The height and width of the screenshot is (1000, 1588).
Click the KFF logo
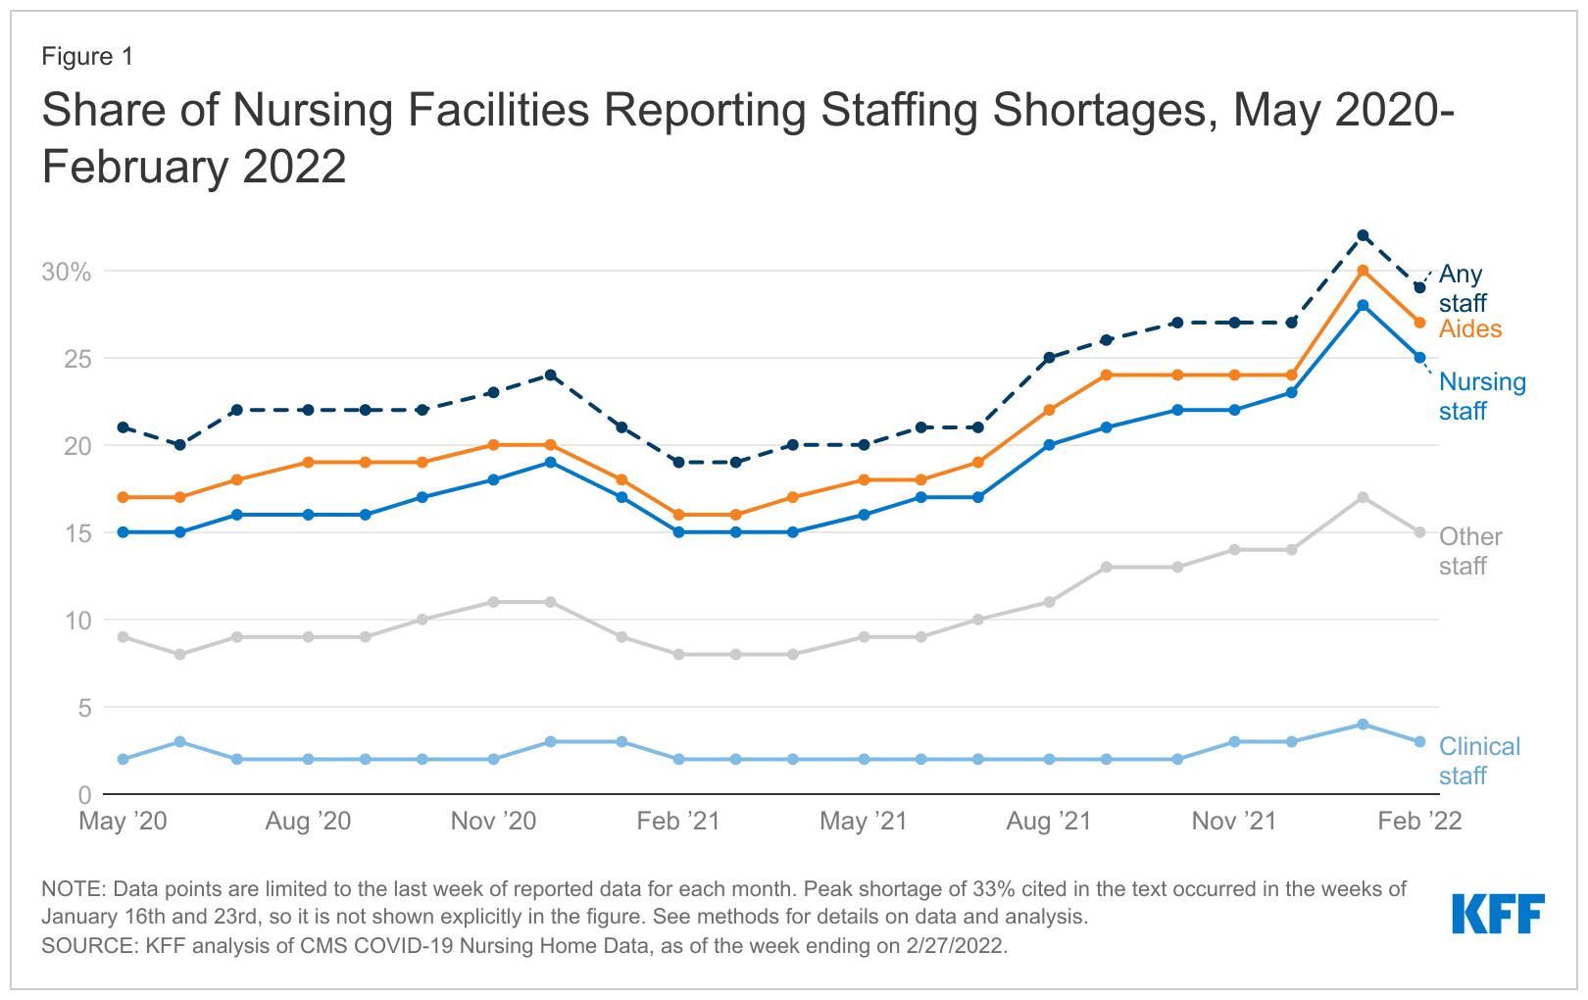[1497, 914]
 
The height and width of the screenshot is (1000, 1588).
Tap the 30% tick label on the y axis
[66, 273]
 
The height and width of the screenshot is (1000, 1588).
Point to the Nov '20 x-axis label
[493, 822]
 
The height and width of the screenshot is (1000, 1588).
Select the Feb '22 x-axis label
[1418, 822]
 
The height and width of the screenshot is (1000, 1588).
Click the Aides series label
[1469, 329]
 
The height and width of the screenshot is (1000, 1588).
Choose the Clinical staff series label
[1478, 761]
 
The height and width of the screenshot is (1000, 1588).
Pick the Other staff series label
[1469, 551]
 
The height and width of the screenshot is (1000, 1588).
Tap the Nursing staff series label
[1481, 396]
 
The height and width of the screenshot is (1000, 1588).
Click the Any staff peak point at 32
[1363, 235]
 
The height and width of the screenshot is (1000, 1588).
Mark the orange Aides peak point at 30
[1363, 271]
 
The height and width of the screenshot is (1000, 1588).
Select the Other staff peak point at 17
[1363, 497]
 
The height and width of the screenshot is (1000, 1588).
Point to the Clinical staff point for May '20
[123, 759]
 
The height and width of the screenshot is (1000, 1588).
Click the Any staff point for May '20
[123, 427]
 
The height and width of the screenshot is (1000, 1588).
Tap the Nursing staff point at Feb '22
[1419, 358]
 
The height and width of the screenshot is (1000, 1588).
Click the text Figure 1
[87, 57]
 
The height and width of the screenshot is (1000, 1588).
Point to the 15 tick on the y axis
[77, 533]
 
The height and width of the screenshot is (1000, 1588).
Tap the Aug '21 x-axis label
[1048, 822]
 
